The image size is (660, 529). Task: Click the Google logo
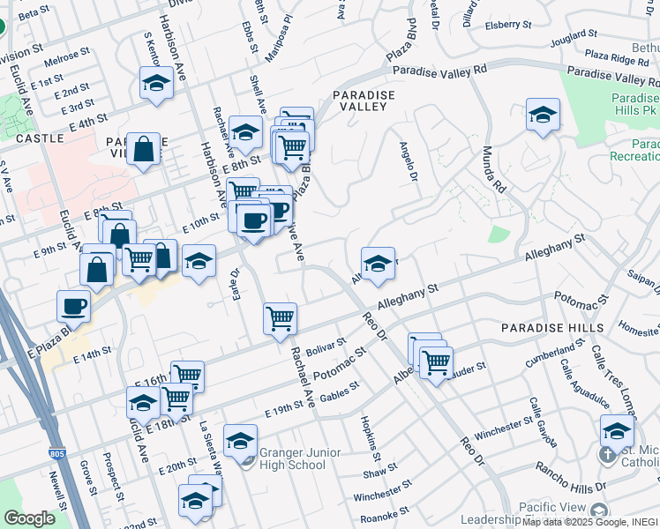[x=29, y=518]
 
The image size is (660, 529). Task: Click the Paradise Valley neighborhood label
[x=363, y=100]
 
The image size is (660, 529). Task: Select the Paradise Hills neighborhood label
[x=552, y=328]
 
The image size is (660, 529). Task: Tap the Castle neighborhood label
[x=39, y=138]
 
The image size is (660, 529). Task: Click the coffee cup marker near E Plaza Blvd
[x=73, y=305]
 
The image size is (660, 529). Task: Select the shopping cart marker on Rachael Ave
[x=280, y=317]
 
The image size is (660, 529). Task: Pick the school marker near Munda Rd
[x=544, y=114]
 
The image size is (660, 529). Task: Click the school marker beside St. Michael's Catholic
[x=617, y=431]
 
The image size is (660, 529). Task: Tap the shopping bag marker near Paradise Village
[x=142, y=148]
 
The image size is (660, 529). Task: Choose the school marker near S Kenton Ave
[x=156, y=84]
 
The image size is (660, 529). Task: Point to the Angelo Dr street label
[x=408, y=162]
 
